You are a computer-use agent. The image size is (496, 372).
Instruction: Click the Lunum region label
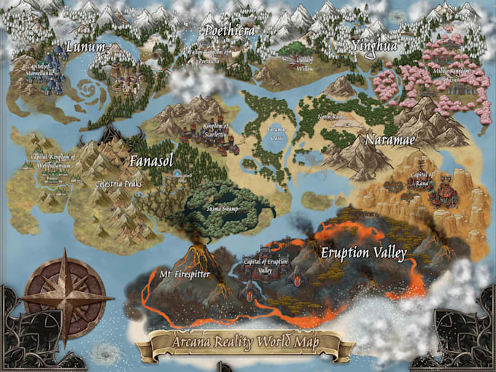tap(86, 47)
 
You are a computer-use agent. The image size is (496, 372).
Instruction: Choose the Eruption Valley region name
tap(363, 253)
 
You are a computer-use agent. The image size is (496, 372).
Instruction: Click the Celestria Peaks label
tap(118, 184)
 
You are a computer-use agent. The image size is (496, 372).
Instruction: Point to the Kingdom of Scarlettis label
tap(215, 131)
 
